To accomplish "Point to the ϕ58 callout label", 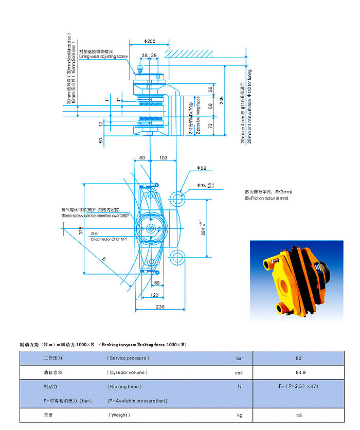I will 202,168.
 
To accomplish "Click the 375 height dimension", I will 81,231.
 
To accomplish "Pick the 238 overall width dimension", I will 159,307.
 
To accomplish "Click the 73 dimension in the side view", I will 210,126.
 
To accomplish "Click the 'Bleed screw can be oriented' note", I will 95,216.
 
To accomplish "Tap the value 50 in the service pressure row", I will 299,358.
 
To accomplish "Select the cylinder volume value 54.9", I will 299,372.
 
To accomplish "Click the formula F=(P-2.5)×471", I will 299,386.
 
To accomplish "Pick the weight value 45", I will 299,415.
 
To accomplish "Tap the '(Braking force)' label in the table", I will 124,386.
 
